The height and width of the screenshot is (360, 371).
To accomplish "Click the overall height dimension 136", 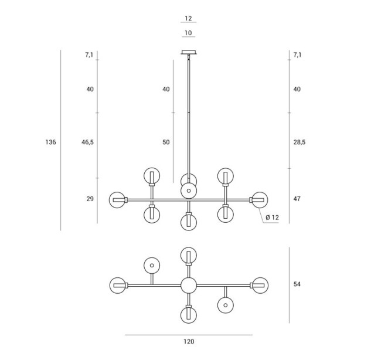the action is [50, 142].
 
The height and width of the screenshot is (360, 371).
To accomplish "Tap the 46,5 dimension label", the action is [87, 142].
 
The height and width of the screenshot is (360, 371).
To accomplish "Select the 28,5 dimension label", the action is [299, 142].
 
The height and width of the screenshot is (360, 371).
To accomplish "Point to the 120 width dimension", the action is [189, 341].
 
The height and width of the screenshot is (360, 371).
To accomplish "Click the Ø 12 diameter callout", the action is [272, 218].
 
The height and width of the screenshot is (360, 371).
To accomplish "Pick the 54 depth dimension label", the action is [297, 284].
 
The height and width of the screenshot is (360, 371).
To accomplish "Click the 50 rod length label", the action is [166, 142].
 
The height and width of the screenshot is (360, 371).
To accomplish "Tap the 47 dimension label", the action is [297, 199].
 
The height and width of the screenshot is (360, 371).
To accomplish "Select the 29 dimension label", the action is [90, 199].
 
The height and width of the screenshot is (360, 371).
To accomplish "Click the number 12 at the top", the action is [188, 18].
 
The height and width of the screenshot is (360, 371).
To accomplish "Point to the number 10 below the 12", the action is [188, 33].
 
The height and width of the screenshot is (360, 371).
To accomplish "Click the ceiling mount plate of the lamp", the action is [189, 52].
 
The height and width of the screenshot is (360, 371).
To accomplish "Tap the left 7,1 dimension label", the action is [89, 55].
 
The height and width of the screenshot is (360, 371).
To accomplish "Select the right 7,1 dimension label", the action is [297, 55].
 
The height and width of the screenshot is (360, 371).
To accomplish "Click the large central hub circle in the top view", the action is [189, 286].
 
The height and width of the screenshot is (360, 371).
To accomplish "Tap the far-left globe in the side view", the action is [117, 200].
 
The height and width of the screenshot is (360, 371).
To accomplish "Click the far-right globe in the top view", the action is [260, 286].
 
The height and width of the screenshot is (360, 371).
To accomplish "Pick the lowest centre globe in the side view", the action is [189, 222].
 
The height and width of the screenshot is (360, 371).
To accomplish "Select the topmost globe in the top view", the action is [189, 256].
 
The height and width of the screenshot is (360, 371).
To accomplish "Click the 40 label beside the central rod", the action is [166, 89].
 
